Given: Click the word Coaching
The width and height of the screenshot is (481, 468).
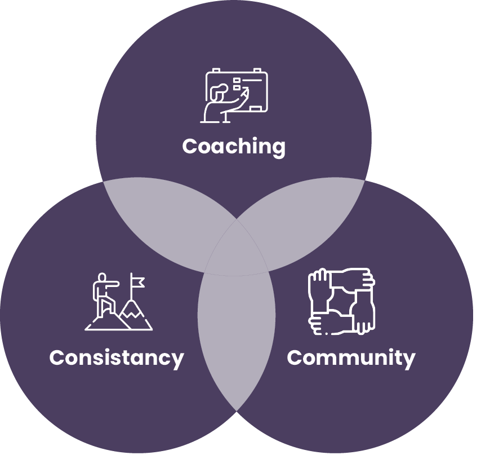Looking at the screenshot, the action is coord(234,147).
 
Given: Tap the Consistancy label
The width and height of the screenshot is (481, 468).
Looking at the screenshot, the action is coord(117,357).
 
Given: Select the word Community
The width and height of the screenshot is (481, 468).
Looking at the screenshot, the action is coord(351,357).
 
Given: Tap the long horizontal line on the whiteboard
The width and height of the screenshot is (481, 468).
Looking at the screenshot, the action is coord(252,81).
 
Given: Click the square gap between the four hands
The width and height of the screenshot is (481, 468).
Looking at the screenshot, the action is coord(341,302).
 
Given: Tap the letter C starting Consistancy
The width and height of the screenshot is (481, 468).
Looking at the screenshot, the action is coord(57,357).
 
